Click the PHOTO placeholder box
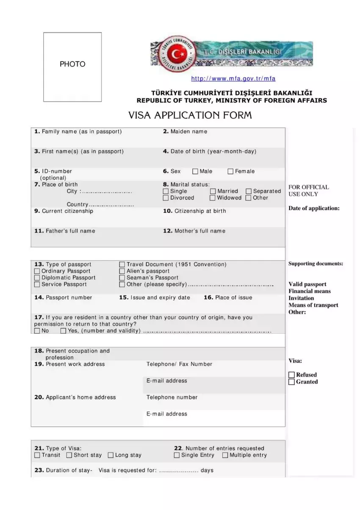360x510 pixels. tap(72, 67)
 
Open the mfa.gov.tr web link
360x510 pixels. tap(233, 79)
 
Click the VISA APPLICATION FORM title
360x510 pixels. tap(190, 115)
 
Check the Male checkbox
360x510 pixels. tap(195, 172)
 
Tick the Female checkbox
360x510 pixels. tap(231, 172)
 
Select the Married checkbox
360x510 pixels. tap(213, 191)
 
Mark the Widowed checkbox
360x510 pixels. tap(213, 198)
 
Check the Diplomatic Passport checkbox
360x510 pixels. tap(37, 278)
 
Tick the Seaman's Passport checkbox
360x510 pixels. tap(122, 278)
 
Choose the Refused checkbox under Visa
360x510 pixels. tap(291, 375)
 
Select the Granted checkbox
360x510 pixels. tap(291, 382)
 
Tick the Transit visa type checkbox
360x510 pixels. tap(37, 455)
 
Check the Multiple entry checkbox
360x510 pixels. tap(225, 455)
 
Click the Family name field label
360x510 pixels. tap(78, 132)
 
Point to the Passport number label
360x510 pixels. tap(63, 298)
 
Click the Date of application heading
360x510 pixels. tap(314, 208)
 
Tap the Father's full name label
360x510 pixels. tap(65, 231)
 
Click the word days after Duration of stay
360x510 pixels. tap(207, 471)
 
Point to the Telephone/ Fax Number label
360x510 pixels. tap(179, 364)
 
